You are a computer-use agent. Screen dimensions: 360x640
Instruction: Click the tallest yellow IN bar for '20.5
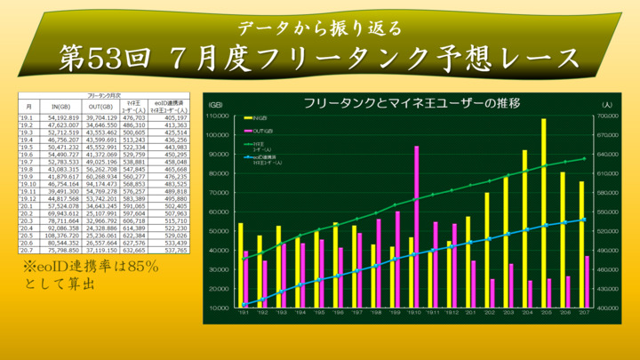(543, 213)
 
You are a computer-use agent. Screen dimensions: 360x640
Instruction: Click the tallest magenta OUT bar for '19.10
(416, 227)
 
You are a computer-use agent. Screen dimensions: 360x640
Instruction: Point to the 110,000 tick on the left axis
(219, 116)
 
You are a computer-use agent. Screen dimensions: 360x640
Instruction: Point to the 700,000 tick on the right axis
(607, 116)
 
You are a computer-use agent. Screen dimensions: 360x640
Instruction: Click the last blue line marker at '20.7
(584, 220)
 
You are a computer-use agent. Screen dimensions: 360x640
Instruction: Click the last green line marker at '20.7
(584, 159)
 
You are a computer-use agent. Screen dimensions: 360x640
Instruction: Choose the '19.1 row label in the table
(26, 116)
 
